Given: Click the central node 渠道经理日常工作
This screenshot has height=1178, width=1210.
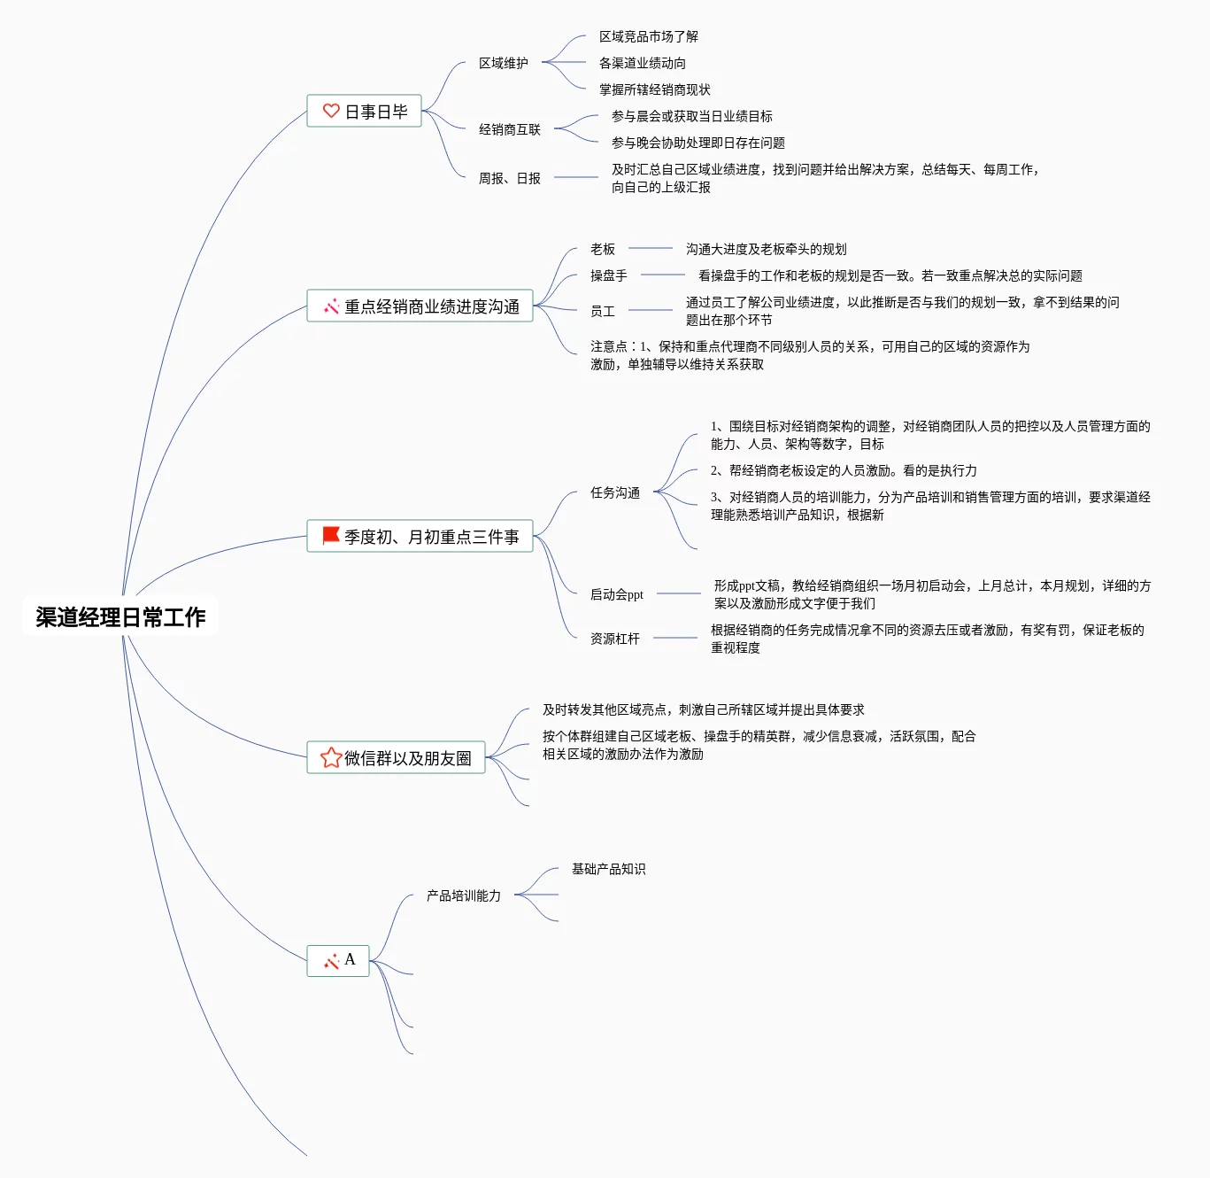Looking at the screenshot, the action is coord(120,616).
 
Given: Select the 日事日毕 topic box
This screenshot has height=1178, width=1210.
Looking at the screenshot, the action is coord(364,111).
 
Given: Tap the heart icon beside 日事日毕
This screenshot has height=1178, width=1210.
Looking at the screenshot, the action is coord(331,111).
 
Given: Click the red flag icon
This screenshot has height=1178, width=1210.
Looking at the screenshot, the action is coord(331,535).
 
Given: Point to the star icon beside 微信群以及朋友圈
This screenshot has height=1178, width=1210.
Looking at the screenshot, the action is coord(331,757).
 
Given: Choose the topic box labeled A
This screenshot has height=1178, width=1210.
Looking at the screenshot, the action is coord(337,961).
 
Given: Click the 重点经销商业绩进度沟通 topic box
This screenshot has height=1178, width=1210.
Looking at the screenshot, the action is coord(420,306).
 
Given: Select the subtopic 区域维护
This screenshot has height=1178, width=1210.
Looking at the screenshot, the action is coord(503,63).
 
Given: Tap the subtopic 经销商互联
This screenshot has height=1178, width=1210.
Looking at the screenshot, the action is coord(509,129).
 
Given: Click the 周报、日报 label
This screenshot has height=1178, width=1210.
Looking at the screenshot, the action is coord(509,178).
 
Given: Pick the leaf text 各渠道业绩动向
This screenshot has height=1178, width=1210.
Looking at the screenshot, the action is coord(643,63).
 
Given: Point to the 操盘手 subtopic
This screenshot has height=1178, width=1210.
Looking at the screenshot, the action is coord(609,275).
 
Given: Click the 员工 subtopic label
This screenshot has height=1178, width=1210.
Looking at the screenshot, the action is coord(603,311).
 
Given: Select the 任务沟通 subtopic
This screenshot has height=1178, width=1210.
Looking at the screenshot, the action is coord(615,492).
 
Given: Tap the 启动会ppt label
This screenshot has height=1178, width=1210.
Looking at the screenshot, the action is coord(617,594).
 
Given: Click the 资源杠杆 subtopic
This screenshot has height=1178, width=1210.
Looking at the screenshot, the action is coord(615,639).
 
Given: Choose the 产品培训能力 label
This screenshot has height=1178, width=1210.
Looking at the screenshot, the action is coord(463,895).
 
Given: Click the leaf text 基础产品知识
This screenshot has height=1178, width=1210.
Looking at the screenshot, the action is coord(609,869).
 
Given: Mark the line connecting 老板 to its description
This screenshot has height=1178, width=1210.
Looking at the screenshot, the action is coord(651,248).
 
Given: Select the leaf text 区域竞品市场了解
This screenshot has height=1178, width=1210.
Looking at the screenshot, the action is coord(649,36).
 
